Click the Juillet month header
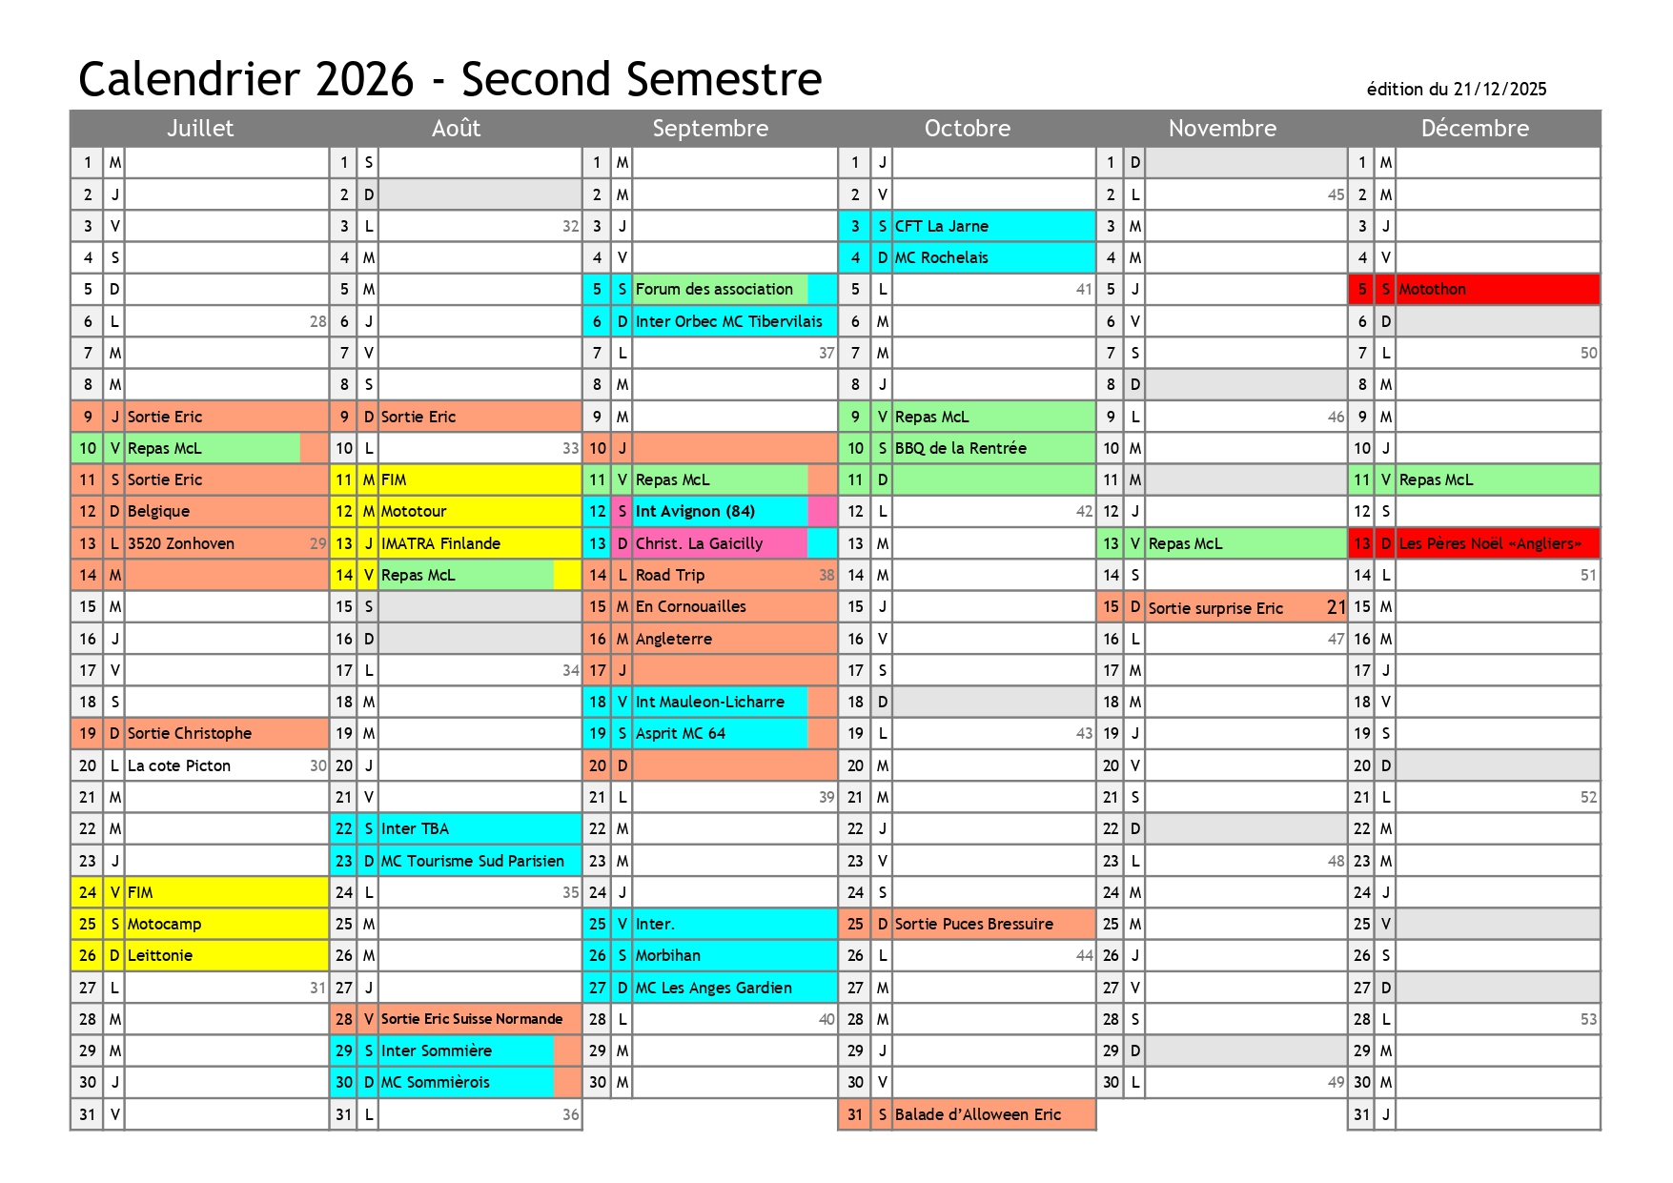click(200, 129)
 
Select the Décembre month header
click(1474, 129)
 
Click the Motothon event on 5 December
click(1433, 290)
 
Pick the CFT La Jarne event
click(941, 227)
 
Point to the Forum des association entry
click(714, 290)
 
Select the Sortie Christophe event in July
click(190, 734)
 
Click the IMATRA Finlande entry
click(440, 544)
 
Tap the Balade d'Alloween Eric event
click(977, 1115)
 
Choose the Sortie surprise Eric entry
click(1215, 609)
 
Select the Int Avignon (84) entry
click(695, 512)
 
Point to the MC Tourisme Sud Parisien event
click(473, 862)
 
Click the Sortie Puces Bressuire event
click(973, 925)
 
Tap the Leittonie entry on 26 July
click(160, 956)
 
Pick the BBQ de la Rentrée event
click(960, 449)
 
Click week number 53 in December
click(1587, 1020)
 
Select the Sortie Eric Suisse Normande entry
click(472, 1020)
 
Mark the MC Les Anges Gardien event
click(713, 989)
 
